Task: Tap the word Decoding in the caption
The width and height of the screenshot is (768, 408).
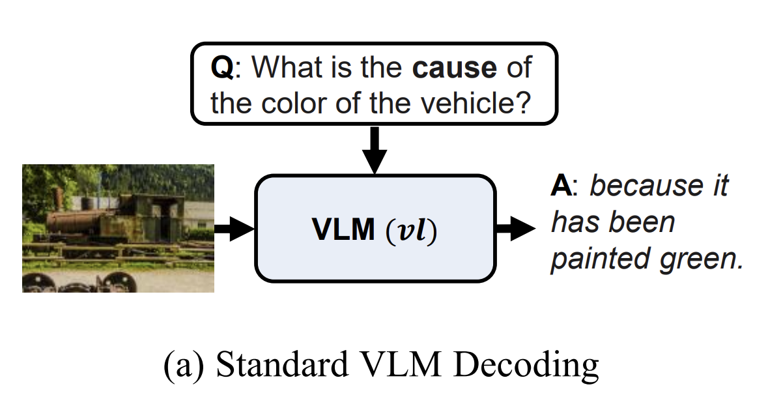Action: pos(526,366)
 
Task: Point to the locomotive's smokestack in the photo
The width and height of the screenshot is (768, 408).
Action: pos(59,199)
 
